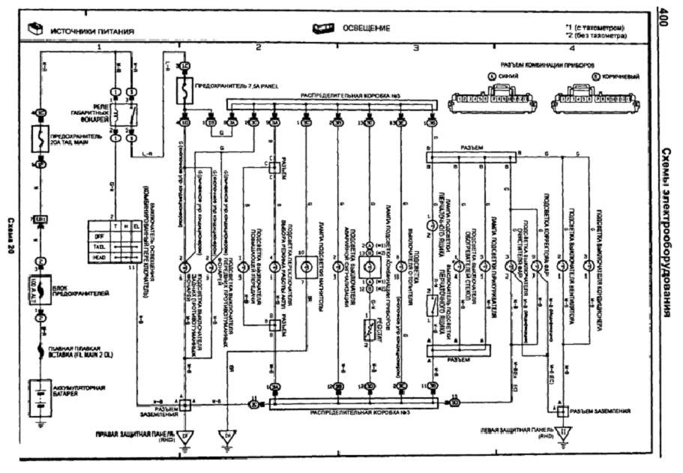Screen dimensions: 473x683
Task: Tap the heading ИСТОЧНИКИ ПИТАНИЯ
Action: pos(91,31)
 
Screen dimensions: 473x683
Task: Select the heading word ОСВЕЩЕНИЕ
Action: pos(366,28)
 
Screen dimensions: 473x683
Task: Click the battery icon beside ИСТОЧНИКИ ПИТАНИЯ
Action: pos(34,31)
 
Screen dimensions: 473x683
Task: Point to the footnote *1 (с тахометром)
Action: pos(596,28)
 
